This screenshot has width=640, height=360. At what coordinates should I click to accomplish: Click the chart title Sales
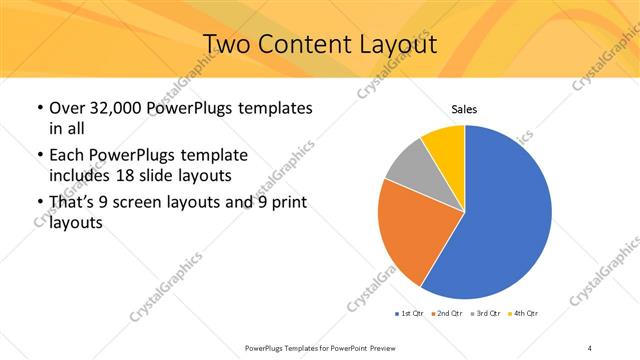tap(464, 108)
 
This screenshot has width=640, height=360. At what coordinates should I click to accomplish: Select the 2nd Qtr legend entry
tap(445, 313)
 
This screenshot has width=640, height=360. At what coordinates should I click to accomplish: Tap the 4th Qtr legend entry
tap(523, 313)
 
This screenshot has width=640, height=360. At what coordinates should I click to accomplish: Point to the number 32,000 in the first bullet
tap(114, 108)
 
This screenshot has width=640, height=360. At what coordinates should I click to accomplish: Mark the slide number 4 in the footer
tap(590, 347)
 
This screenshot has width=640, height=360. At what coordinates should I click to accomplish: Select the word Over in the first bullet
tap(66, 108)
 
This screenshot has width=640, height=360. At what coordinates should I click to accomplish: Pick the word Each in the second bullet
tap(67, 157)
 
